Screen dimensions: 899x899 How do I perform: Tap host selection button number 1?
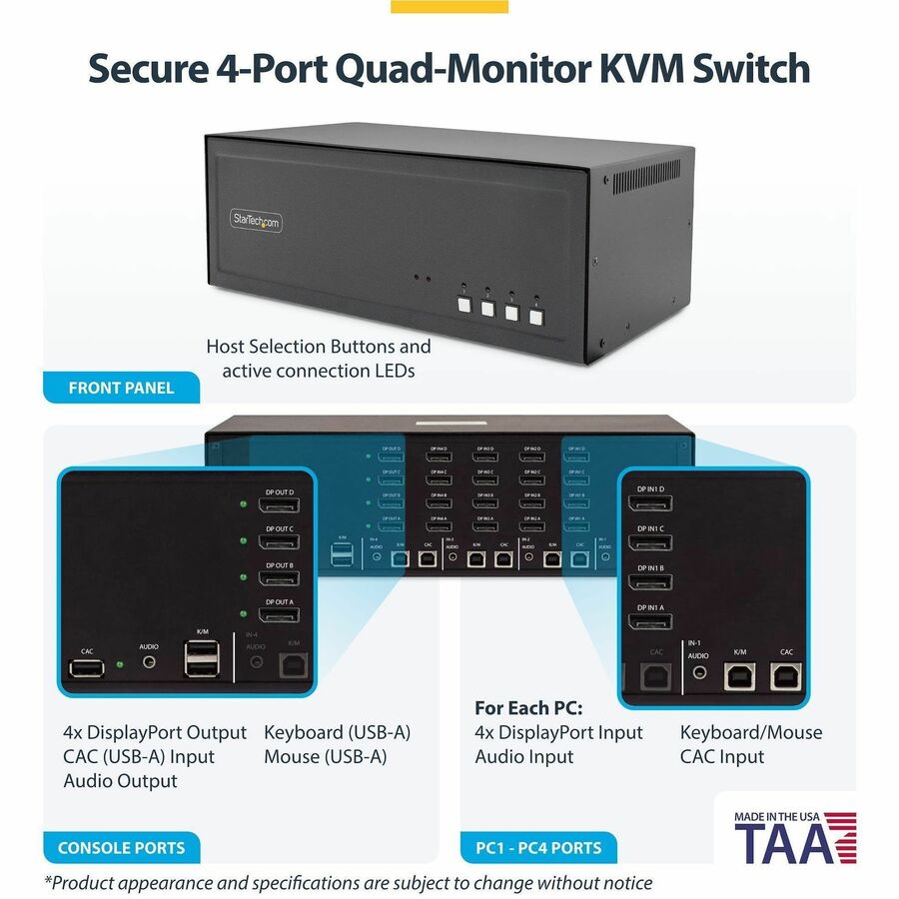point(463,307)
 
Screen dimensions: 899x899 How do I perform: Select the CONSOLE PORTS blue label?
point(121,848)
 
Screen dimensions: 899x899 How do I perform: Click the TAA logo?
point(795,838)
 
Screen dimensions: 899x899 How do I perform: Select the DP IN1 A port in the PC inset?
point(649,621)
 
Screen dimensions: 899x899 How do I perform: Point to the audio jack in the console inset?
point(149,661)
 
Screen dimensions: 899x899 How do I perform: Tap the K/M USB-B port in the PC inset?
point(739,676)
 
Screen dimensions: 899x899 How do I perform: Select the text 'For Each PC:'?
point(528,708)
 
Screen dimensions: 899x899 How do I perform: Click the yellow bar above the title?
point(449,6)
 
